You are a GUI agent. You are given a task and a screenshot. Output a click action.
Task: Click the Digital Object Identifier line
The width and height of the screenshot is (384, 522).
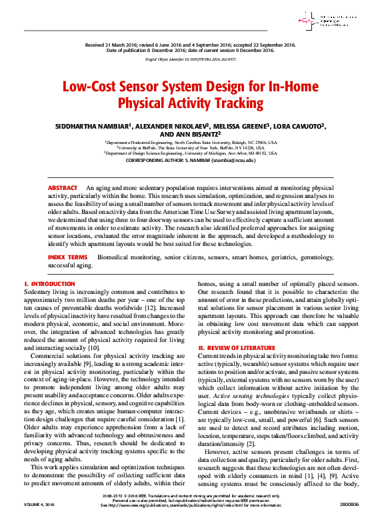(191, 59)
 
